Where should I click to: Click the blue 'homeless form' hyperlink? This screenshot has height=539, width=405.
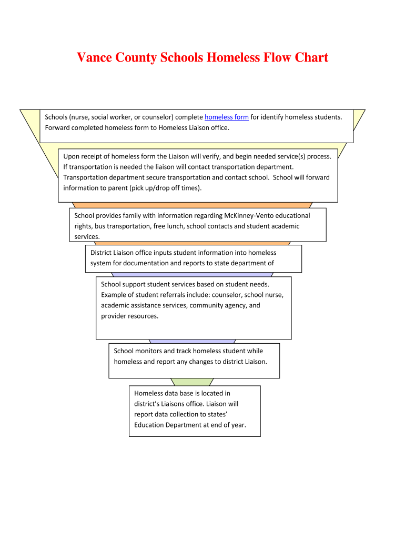pos(226,117)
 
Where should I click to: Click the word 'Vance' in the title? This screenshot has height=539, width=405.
pos(94,57)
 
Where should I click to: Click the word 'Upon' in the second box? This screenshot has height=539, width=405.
pos(72,156)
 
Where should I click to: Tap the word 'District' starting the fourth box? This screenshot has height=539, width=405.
pos(102,253)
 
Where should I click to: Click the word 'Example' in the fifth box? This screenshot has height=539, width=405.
pos(114,295)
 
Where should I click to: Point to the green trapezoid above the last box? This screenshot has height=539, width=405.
pos(192,382)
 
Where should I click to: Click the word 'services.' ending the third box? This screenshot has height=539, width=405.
pos(87,237)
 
